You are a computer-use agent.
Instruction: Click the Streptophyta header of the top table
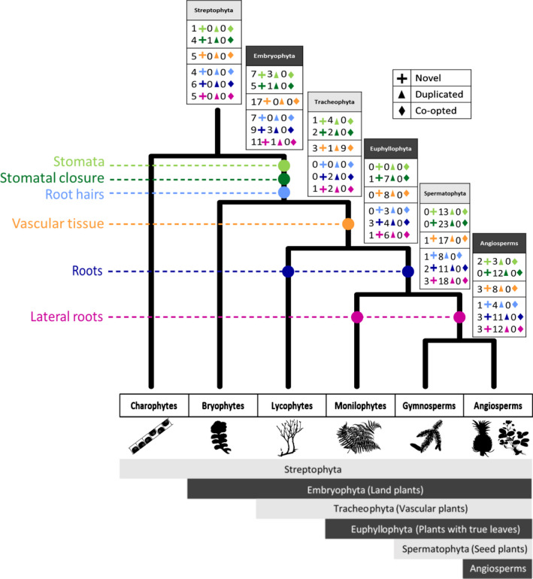217,11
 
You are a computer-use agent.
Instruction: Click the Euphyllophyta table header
391,148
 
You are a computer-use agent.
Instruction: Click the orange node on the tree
348,223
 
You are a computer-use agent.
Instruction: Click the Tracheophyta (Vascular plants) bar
394,508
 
